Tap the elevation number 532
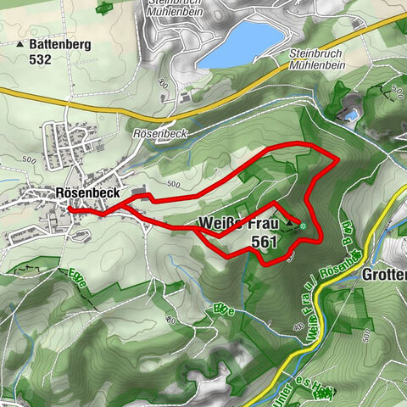pos(40,59)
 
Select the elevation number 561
pos(265,242)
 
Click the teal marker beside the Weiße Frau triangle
pos(303,226)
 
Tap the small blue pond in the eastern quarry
pos(349,114)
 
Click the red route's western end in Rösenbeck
pos(70,208)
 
